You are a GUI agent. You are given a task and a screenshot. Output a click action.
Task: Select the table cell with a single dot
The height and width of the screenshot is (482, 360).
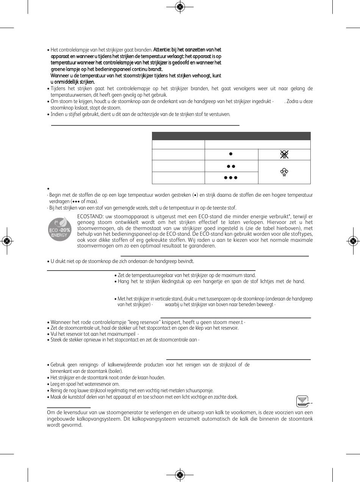[x=231, y=154]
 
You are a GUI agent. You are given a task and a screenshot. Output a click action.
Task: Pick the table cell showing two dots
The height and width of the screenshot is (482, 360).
[x=231, y=166]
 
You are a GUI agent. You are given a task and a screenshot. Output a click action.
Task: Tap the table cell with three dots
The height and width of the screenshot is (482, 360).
[x=231, y=178]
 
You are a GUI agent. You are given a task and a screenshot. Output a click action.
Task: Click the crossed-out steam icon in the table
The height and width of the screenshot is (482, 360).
[x=284, y=154]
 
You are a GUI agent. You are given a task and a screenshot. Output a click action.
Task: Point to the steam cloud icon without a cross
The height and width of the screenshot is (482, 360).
[x=284, y=172]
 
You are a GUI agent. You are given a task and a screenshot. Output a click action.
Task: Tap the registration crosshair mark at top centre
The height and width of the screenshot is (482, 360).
[x=180, y=6]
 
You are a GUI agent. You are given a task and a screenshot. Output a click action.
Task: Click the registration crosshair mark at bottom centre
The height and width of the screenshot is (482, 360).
[x=180, y=475]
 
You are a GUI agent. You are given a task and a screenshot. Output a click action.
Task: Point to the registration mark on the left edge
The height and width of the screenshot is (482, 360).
[x=6, y=241]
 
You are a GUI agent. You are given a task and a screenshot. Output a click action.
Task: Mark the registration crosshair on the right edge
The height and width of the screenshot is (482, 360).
[x=353, y=241]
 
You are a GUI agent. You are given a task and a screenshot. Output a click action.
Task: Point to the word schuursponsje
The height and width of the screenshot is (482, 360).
[x=200, y=390]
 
